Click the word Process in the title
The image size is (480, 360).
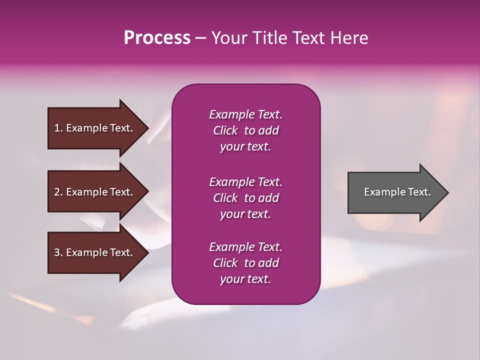click(x=157, y=38)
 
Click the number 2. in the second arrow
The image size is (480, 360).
click(x=58, y=192)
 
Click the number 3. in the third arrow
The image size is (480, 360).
click(x=58, y=252)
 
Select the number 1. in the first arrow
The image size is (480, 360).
click(x=58, y=128)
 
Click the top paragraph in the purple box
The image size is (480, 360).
click(x=245, y=130)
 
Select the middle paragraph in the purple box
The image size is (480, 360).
click(x=245, y=198)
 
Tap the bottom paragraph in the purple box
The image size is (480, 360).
click(x=245, y=263)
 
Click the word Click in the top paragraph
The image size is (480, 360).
click(x=225, y=130)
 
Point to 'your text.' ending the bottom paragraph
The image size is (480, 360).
click(x=245, y=279)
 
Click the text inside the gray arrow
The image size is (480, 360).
click(x=397, y=192)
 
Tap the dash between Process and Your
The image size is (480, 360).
click(x=200, y=38)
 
